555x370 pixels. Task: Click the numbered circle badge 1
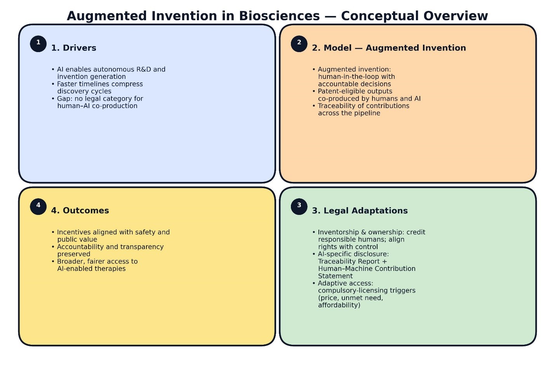38,44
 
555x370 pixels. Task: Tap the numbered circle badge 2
299,44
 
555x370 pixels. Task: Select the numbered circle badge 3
299,207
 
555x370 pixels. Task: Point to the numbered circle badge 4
38,207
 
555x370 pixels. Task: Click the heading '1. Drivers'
73,48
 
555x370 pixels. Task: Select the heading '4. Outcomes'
80,211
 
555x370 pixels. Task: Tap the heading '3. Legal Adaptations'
360,211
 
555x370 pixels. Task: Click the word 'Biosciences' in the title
279,16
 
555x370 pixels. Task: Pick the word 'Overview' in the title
456,16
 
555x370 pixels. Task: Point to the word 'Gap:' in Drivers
65,99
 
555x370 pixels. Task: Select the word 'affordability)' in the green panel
339,305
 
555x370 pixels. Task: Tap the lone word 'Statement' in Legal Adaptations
335,276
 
